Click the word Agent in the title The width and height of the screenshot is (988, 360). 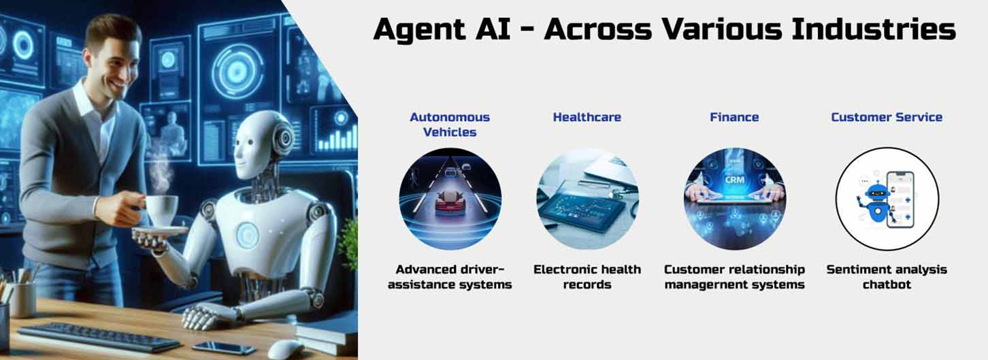tap(419, 30)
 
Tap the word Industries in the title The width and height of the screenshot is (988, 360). tap(873, 29)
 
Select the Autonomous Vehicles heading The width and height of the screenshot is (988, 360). tap(450, 125)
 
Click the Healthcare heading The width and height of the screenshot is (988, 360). tap(587, 117)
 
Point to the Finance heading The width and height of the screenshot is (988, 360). tap(734, 117)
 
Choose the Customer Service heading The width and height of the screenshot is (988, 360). tap(887, 117)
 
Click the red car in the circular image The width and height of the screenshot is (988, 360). tap(450, 203)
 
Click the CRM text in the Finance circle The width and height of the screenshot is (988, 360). tap(734, 180)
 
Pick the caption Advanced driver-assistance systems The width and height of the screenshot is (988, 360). tap(450, 276)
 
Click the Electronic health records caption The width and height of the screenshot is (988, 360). tap(587, 276)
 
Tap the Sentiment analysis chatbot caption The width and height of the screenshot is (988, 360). tap(887, 276)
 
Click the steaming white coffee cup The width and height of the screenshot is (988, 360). tap(161, 210)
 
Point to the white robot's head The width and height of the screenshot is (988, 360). tap(260, 144)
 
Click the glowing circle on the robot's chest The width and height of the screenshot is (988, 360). tap(248, 235)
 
